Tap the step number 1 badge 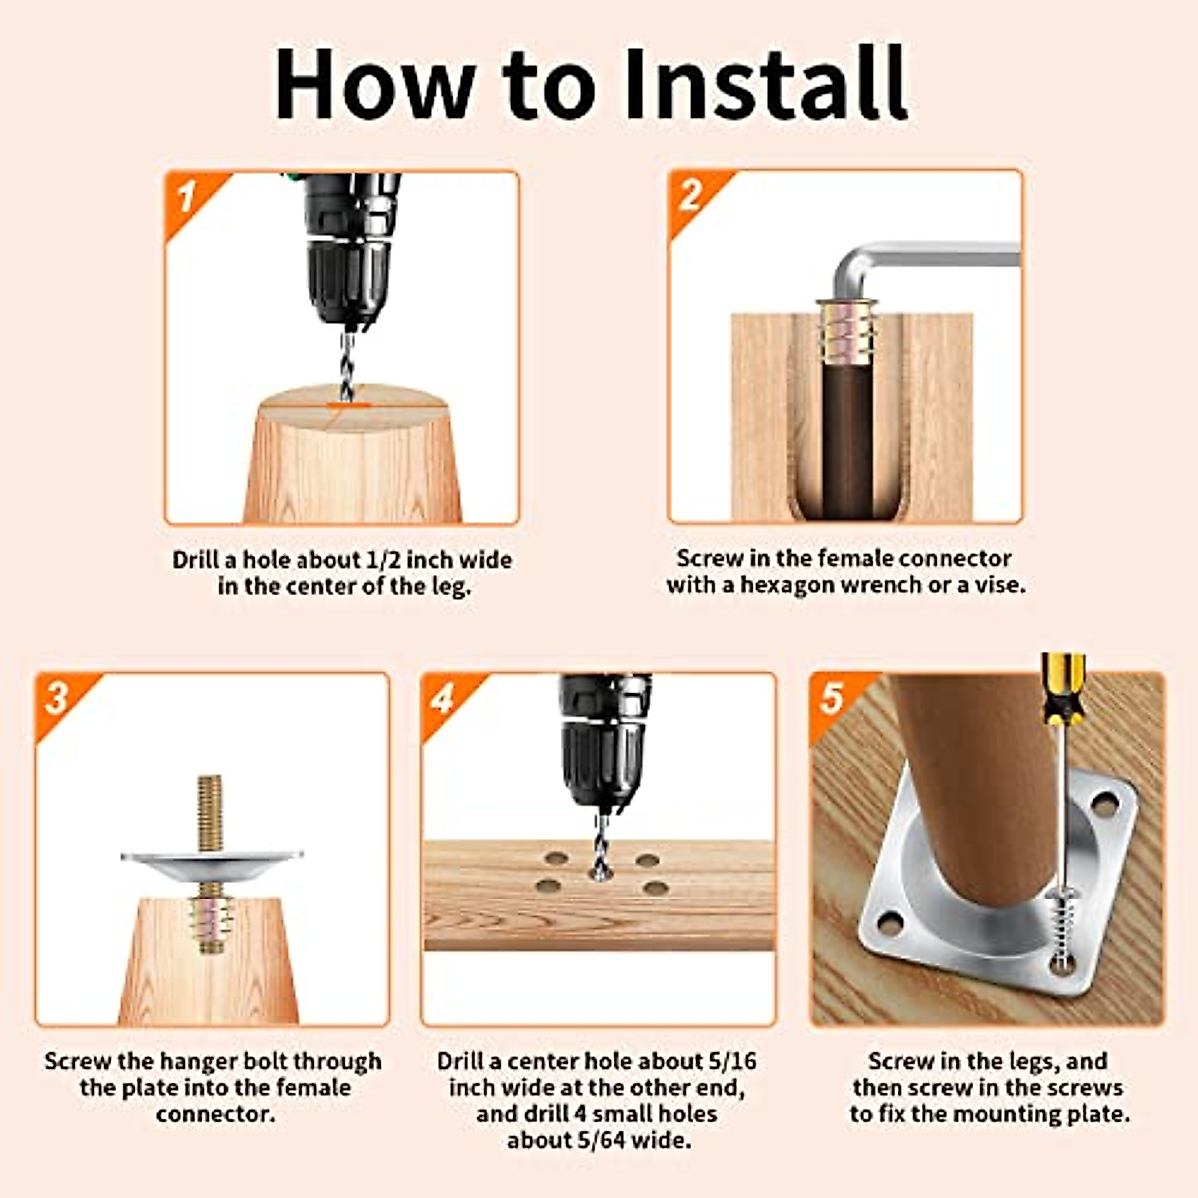click(x=187, y=197)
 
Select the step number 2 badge click(x=690, y=195)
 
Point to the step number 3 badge click(x=57, y=698)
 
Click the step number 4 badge click(x=443, y=698)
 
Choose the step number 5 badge click(x=832, y=698)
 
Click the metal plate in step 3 click(x=211, y=863)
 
